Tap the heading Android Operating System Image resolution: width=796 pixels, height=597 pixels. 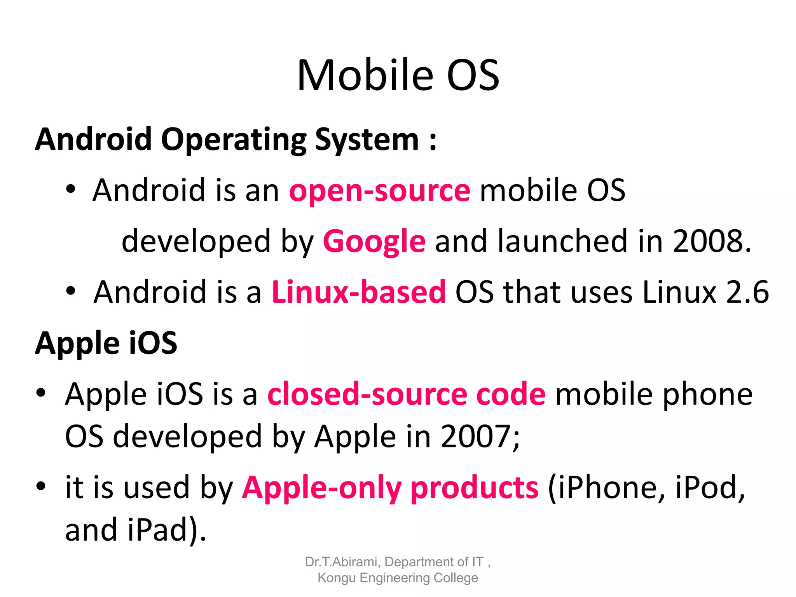coord(236,140)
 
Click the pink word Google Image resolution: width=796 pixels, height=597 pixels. coord(374,241)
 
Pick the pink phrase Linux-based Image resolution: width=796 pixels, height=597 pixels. coord(358,292)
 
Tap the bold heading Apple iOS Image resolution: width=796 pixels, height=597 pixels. coord(106,344)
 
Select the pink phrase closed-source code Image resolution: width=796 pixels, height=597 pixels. coord(406,394)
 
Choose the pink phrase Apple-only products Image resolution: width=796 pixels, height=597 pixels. coord(390,487)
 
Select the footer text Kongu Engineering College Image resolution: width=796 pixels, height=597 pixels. coord(398,578)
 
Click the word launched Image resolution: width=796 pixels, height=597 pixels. coord(562,241)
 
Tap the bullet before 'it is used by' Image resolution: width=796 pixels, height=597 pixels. coord(41,486)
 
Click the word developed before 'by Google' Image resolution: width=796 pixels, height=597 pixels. coord(196,241)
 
